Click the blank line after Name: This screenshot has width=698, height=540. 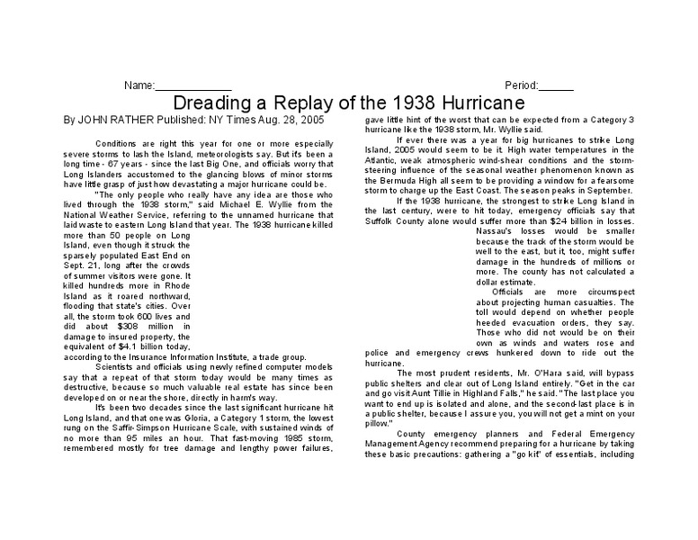[194, 85]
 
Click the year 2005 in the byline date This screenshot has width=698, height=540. [304, 119]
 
